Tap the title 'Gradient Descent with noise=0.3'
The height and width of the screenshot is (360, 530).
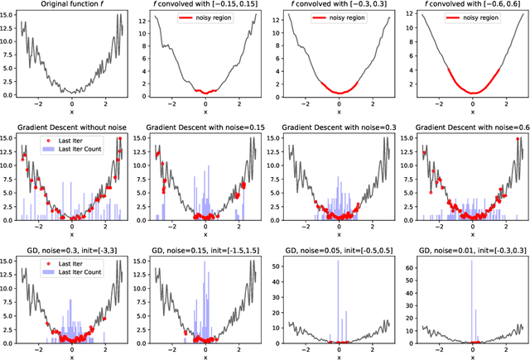coord(339,126)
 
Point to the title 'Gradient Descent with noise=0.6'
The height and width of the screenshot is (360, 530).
coord(472,126)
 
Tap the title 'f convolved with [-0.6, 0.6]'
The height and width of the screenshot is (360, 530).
coord(472,6)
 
